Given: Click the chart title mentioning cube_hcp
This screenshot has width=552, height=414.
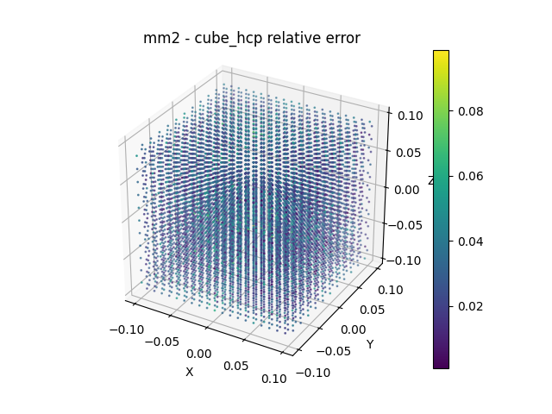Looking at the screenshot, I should point(251,38).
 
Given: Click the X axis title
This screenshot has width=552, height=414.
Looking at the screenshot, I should point(190,372).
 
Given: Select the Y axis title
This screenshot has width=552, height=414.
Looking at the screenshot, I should point(370,344).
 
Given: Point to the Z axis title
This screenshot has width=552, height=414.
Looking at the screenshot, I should point(431,180).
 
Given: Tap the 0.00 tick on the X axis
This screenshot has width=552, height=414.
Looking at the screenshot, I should point(198,354).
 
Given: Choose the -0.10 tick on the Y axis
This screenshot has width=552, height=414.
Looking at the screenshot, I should point(313,373).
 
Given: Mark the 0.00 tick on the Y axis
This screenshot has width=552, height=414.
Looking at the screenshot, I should point(352,329).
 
